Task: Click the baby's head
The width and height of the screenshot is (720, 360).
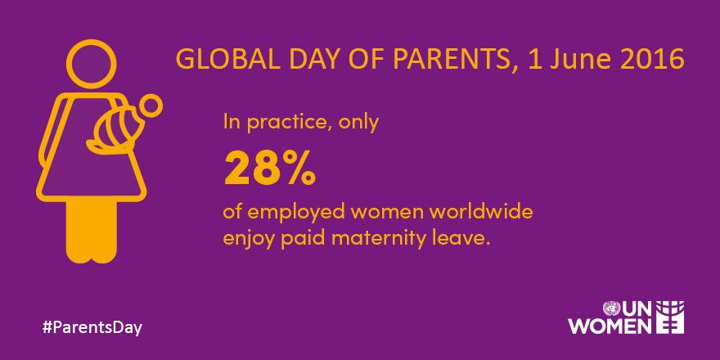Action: tap(151, 107)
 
